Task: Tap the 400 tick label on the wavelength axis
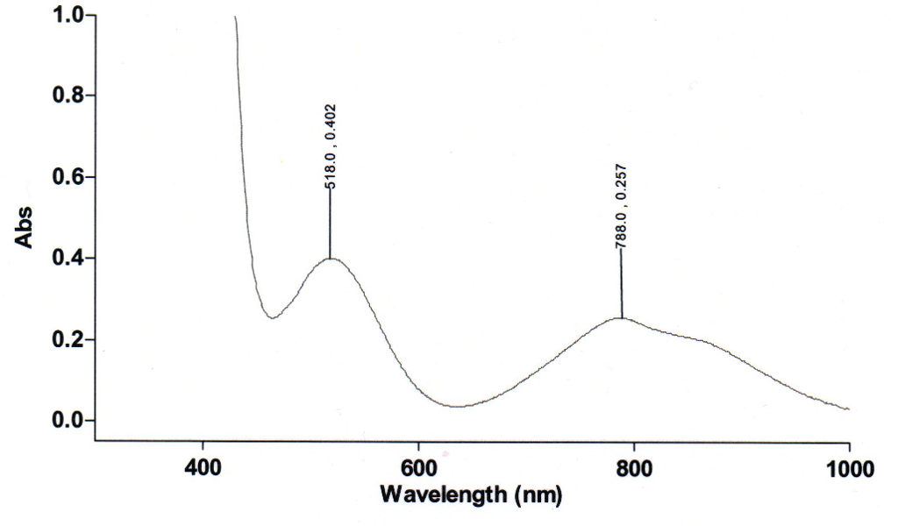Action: click(x=203, y=467)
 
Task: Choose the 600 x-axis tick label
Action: click(x=418, y=467)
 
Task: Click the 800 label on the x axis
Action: click(x=633, y=467)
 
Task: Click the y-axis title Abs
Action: click(x=25, y=227)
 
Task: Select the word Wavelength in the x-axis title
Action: click(x=442, y=494)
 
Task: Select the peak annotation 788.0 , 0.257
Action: click(x=622, y=206)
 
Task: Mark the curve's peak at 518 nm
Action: click(x=331, y=259)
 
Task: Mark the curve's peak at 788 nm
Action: click(x=622, y=317)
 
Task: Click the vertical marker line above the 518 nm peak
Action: click(x=331, y=224)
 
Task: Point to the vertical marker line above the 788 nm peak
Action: click(x=622, y=285)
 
